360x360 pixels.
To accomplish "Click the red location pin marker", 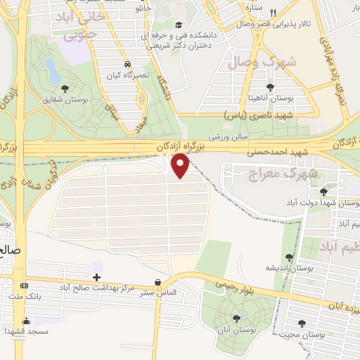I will (181, 166).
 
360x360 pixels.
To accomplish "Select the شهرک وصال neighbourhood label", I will (266, 61).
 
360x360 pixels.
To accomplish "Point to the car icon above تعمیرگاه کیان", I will (127, 62).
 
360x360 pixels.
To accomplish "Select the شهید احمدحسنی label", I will (268, 150).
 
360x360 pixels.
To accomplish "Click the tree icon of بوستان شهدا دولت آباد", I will (323, 191).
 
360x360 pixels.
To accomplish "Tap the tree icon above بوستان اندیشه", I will (288, 257).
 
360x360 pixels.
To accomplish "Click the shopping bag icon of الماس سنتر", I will (176, 279).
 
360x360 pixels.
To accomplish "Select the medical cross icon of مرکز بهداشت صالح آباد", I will (96, 276).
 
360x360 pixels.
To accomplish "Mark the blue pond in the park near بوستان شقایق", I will (51, 69).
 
